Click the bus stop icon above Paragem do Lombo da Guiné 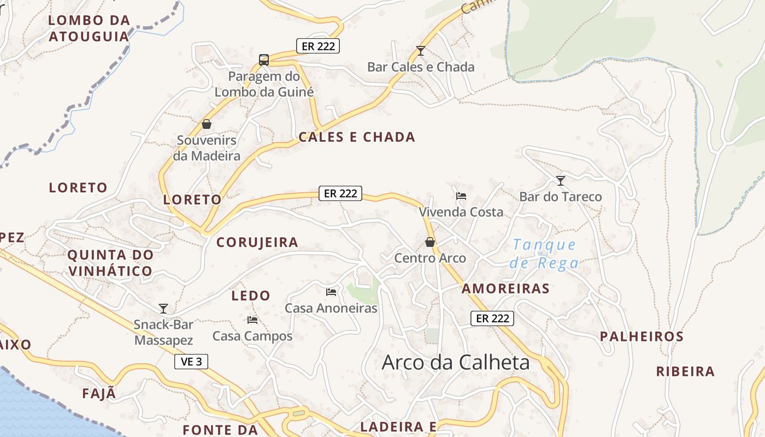[264, 60]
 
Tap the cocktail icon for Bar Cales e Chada [420, 51]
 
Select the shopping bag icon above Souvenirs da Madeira [207, 124]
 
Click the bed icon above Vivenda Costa [461, 196]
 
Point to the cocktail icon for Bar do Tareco [561, 180]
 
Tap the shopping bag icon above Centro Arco [430, 242]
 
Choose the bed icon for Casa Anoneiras [331, 292]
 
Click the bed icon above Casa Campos [252, 320]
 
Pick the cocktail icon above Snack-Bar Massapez [163, 309]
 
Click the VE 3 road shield [191, 362]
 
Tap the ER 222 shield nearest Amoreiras [492, 318]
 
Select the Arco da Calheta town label [456, 362]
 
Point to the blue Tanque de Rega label [545, 254]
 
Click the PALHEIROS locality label [642, 336]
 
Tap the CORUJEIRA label [257, 243]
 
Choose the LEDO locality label [251, 296]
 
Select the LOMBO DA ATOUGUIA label [89, 28]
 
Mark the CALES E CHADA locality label [357, 137]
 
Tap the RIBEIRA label [685, 372]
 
